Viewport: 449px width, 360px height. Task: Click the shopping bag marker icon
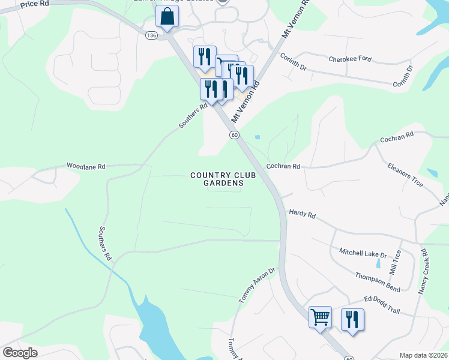[167, 17]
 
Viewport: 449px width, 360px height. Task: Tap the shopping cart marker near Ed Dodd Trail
[320, 316]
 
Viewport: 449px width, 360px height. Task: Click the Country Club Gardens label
[217, 179]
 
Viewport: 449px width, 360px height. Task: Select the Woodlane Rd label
[86, 166]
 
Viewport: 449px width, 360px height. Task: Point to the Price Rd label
[34, 4]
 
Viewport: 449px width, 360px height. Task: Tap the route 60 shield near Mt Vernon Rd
[234, 135]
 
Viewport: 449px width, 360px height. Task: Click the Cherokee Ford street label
[350, 59]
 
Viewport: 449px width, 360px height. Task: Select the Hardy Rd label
[302, 212]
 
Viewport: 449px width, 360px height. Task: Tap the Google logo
[20, 353]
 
